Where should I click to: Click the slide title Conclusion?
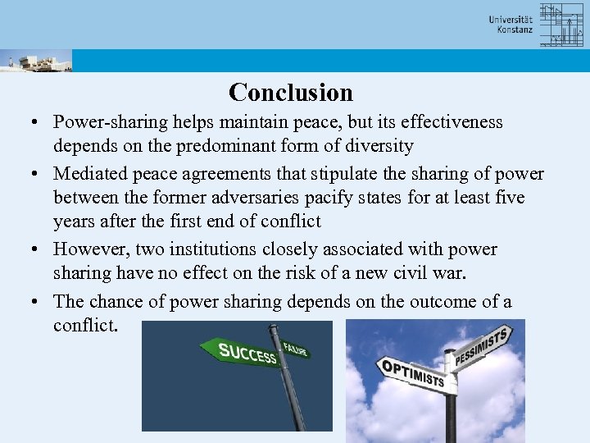(291, 92)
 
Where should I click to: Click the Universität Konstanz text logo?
(511, 25)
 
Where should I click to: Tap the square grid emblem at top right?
(560, 25)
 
